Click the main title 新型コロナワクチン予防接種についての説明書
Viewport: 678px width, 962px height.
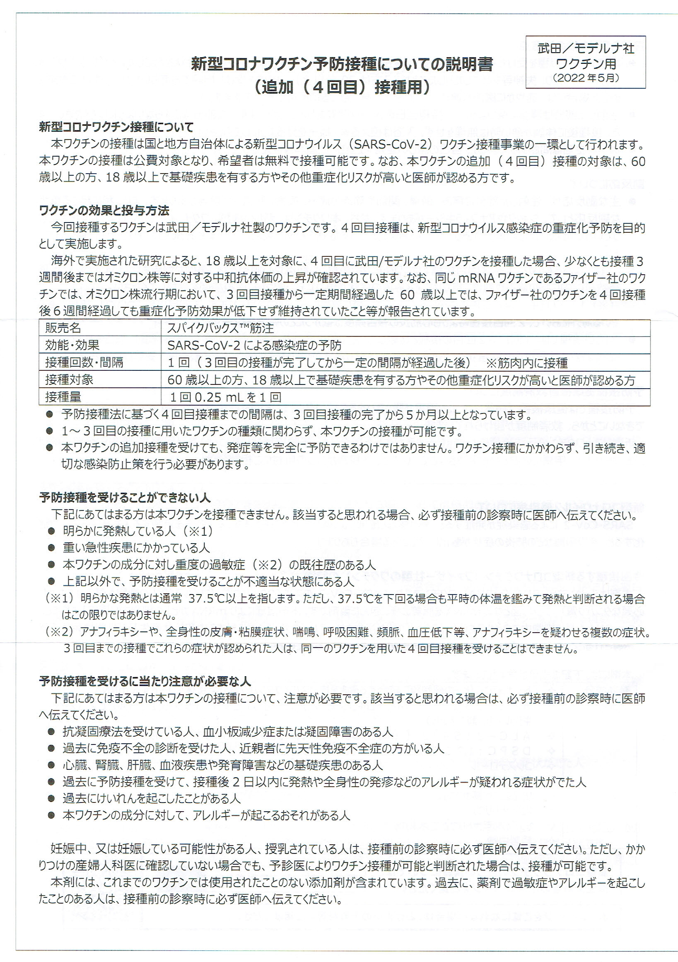342,65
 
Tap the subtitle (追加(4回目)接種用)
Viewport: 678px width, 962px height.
342,88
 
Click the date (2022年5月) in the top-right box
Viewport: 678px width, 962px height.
586,77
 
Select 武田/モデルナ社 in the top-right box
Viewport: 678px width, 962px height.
586,48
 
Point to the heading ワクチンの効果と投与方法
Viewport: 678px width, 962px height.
104,210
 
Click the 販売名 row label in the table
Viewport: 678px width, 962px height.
63,328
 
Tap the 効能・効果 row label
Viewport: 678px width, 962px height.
72,345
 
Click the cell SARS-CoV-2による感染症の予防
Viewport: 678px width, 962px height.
254,345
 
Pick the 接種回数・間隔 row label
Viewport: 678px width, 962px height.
84,363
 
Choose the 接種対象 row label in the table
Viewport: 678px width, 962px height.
69,380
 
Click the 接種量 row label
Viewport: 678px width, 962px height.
63,397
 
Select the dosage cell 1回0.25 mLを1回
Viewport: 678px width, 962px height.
225,397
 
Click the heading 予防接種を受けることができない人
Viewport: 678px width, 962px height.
124,497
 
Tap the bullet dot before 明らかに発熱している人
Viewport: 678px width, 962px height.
51,531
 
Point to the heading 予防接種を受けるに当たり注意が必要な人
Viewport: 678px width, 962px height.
145,682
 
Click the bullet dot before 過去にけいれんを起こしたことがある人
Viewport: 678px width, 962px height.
51,799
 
